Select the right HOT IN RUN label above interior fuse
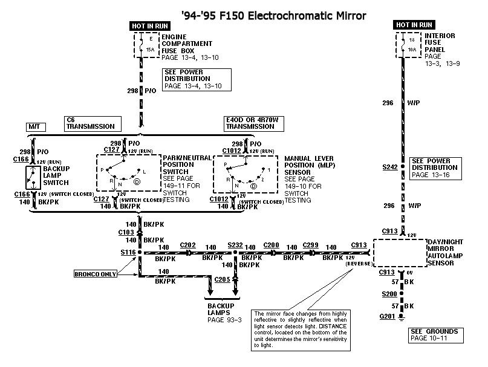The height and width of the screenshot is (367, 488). coord(414,25)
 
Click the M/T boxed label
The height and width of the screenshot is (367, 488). coord(34,127)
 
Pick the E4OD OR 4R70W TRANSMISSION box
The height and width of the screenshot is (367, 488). coord(249,123)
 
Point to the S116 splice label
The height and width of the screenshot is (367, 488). coord(129,252)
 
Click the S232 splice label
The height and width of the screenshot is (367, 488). coord(235,245)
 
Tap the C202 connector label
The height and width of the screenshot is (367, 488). coord(187,245)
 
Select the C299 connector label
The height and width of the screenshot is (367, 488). coord(310,245)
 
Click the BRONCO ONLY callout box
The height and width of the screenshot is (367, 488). coord(96,274)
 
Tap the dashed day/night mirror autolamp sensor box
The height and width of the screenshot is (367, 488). coord(402,253)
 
